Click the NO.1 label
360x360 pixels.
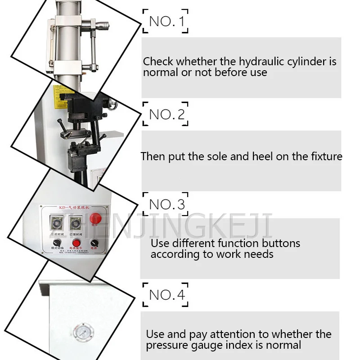click(x=166, y=21)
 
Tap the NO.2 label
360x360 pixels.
click(x=166, y=114)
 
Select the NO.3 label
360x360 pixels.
click(x=166, y=205)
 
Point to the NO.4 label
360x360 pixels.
click(x=166, y=295)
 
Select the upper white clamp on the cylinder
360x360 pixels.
click(x=69, y=20)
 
